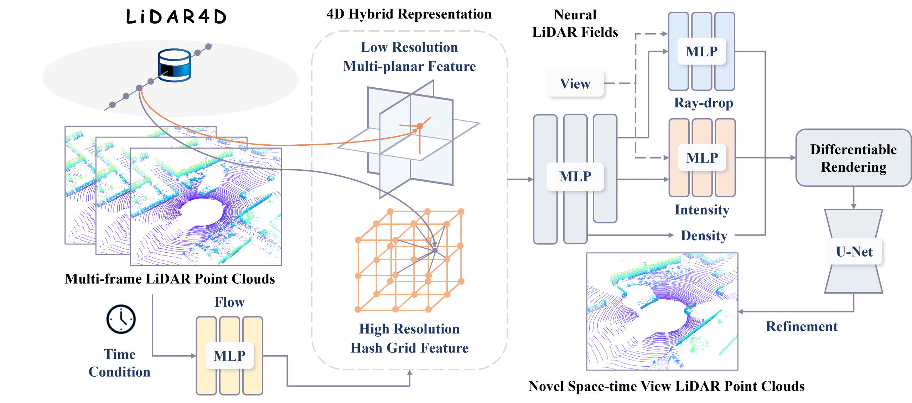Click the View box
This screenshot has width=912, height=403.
coord(575,84)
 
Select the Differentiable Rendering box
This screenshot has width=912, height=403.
coord(853,158)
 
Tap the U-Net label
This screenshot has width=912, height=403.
coord(854,252)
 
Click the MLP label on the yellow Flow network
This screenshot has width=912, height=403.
coord(229,356)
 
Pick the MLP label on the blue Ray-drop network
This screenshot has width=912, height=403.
coord(701,52)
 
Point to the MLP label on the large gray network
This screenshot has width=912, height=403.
coord(575,177)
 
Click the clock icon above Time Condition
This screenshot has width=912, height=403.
coord(121,319)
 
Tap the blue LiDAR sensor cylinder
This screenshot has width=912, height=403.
coord(174,66)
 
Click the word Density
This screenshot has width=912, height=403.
coord(704,236)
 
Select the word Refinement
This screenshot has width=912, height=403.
coord(802,326)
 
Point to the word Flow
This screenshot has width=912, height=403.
coord(229,302)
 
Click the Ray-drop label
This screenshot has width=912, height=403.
coord(703,103)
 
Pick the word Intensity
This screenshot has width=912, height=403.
coord(702,210)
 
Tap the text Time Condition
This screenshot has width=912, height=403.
coord(120,363)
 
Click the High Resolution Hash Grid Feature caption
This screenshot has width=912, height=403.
coord(409,338)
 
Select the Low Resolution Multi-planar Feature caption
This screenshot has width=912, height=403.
coord(409,57)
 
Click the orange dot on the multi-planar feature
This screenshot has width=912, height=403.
coord(420,126)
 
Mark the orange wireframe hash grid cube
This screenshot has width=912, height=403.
coord(410,260)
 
